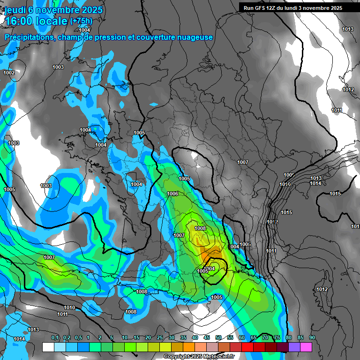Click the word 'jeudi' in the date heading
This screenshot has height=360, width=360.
pyautogui.click(x=15, y=10)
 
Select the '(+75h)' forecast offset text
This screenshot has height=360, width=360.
pyautogui.click(x=81, y=21)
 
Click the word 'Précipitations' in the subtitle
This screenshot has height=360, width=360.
pyautogui.click(x=28, y=37)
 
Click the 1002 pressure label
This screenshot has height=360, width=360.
pyautogui.click(x=9, y=73)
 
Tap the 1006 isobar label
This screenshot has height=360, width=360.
pyautogui.click(x=172, y=194)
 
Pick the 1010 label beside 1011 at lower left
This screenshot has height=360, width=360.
pyautogui.click(x=69, y=307)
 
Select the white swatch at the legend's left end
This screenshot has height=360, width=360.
pyautogui.click(x=48, y=347)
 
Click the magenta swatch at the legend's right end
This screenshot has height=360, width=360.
pyautogui.click(x=306, y=347)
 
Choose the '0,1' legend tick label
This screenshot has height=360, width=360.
pyautogui.click(x=55, y=337)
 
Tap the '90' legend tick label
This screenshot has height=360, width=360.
pyautogui.click(x=312, y=337)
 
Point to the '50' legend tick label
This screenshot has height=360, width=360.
pyautogui.click(x=218, y=337)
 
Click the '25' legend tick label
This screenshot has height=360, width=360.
pyautogui.click(x=160, y=337)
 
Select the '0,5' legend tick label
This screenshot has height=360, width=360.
pyautogui.click(x=78, y=337)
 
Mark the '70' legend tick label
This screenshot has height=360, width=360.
pyautogui.click(x=265, y=337)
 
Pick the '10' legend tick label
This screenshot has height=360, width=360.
pyautogui.click(x=125, y=337)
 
